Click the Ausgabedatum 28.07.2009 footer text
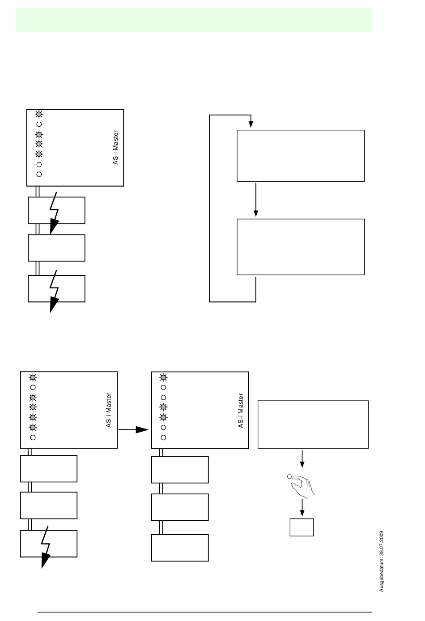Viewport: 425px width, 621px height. click(x=382, y=561)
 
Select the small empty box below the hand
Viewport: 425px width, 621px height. click(x=302, y=527)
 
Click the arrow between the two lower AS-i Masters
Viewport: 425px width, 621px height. click(x=134, y=429)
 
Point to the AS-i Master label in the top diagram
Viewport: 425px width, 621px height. click(x=116, y=147)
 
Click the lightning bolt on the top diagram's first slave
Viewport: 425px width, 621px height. click(x=55, y=212)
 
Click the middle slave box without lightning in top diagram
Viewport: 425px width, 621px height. click(x=56, y=248)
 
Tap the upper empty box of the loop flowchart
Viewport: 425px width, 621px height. click(x=301, y=156)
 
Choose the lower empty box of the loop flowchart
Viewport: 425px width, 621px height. click(x=301, y=247)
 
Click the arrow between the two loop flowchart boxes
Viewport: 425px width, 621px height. click(x=256, y=200)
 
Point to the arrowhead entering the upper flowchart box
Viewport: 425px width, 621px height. click(x=251, y=124)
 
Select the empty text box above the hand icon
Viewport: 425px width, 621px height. click(x=313, y=424)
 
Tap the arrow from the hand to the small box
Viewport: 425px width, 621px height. click(x=302, y=508)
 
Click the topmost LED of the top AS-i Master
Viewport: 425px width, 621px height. click(x=39, y=114)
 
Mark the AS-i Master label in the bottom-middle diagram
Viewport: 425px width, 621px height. click(x=241, y=411)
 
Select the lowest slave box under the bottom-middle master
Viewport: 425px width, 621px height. click(x=180, y=548)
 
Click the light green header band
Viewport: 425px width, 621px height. click(x=194, y=20)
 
